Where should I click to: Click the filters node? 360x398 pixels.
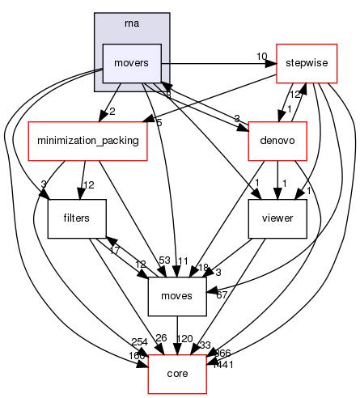point(67,218)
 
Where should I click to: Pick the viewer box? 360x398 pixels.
point(277,218)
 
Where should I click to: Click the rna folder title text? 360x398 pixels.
point(132,22)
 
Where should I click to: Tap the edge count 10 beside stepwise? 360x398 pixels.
point(261,57)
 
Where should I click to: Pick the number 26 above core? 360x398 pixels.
point(160,337)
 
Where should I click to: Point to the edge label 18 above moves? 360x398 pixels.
point(203,268)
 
